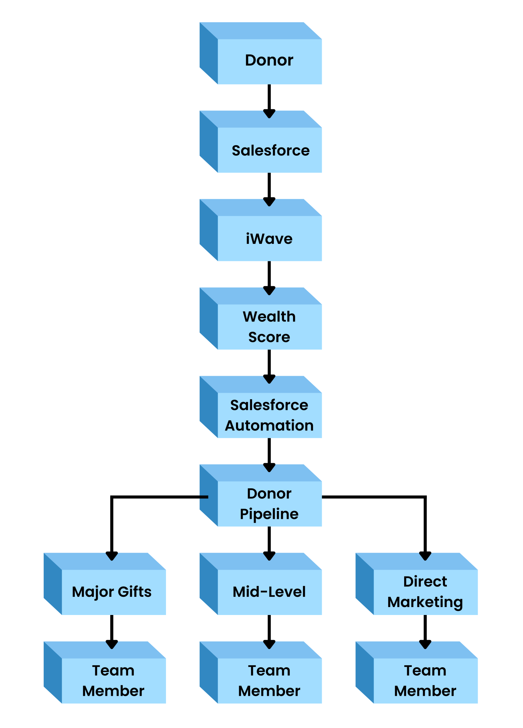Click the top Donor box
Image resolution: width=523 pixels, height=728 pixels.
tap(261, 53)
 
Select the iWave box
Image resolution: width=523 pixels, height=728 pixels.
tap(261, 230)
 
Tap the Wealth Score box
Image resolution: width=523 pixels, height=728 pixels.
tap(261, 318)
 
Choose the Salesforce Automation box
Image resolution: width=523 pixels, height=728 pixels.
tap(261, 407)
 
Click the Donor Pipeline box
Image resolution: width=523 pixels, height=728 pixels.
tap(261, 495)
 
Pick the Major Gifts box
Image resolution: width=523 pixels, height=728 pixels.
tap(105, 584)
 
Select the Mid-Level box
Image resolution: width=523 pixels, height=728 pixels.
tap(261, 584)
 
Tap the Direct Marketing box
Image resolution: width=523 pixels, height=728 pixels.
tap(417, 584)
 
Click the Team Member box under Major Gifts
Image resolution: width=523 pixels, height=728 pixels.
tap(105, 673)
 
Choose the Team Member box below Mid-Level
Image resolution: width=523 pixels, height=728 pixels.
tap(261, 673)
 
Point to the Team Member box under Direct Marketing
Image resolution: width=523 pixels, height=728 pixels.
tap(417, 673)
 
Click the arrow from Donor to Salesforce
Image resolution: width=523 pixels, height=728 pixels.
tap(269, 101)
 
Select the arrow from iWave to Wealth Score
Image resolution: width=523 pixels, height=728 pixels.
tap(269, 278)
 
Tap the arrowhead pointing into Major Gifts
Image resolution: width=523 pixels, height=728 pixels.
tap(112, 556)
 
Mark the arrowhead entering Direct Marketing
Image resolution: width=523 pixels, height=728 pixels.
tap(425, 556)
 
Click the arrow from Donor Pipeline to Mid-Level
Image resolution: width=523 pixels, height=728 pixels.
tap(269, 543)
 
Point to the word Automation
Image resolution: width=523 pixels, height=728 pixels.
tap(269, 425)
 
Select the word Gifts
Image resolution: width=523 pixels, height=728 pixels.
tap(135, 591)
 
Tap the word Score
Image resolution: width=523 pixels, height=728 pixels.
tap(269, 337)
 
